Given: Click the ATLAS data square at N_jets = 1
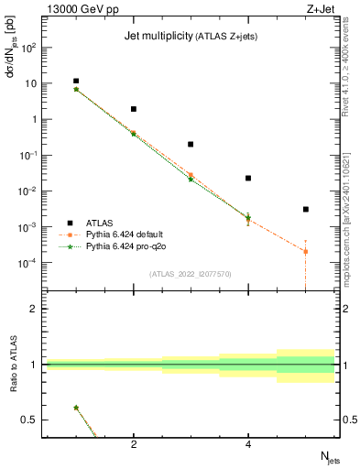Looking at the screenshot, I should click(x=76, y=82).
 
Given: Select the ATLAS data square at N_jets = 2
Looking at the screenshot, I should click(x=134, y=109).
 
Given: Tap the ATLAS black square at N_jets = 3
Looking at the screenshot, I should click(x=191, y=144).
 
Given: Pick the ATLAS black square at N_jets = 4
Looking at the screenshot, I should click(x=248, y=179).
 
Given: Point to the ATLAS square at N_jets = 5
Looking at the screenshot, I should click(x=306, y=210).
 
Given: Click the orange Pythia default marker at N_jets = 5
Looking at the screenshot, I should click(x=306, y=251).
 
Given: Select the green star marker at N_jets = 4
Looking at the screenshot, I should click(x=248, y=217).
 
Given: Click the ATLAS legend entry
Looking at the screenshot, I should click(x=100, y=223).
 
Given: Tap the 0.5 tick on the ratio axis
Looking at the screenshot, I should click(x=30, y=420).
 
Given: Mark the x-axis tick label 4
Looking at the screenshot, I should click(x=248, y=445).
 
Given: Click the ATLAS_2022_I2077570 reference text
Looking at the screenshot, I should click(x=191, y=273).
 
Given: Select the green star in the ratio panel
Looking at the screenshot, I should click(x=76, y=408).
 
